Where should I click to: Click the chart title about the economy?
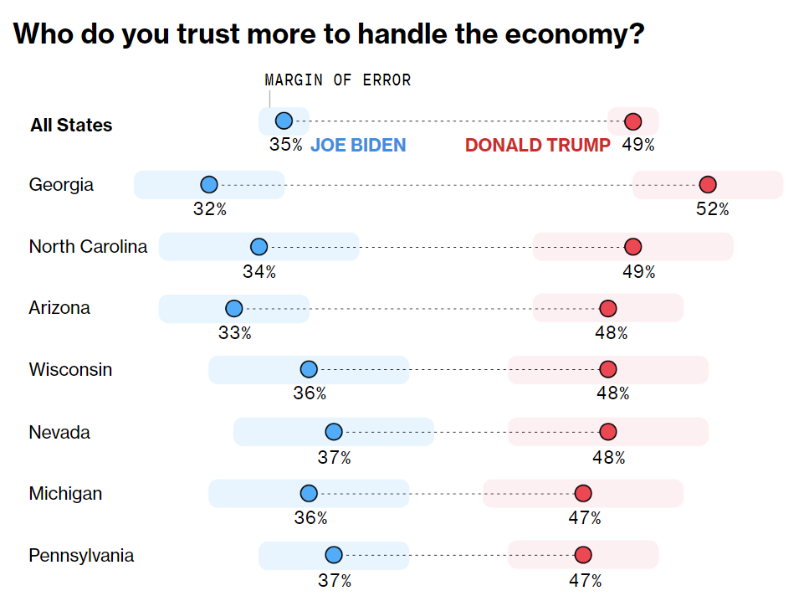point(329,34)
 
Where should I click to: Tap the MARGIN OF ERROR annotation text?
point(338,80)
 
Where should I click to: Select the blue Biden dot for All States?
point(284,121)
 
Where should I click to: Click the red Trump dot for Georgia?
point(708,185)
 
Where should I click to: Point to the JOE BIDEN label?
point(358,146)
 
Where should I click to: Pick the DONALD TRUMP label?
point(538,146)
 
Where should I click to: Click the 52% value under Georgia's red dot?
point(712,209)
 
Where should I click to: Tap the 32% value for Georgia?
point(209,209)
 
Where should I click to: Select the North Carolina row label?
point(88,247)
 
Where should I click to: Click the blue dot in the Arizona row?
point(234,308)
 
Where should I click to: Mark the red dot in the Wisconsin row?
point(608,370)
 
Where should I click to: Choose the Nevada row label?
point(59,433)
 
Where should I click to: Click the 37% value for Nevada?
point(334,458)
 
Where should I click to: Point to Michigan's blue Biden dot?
point(309,494)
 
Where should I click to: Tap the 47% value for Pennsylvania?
point(585,581)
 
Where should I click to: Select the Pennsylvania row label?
point(81,556)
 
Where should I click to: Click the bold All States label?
point(71,126)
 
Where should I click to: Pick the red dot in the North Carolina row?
point(633,247)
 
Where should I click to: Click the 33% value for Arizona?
point(234,333)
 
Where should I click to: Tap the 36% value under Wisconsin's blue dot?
point(310,393)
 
